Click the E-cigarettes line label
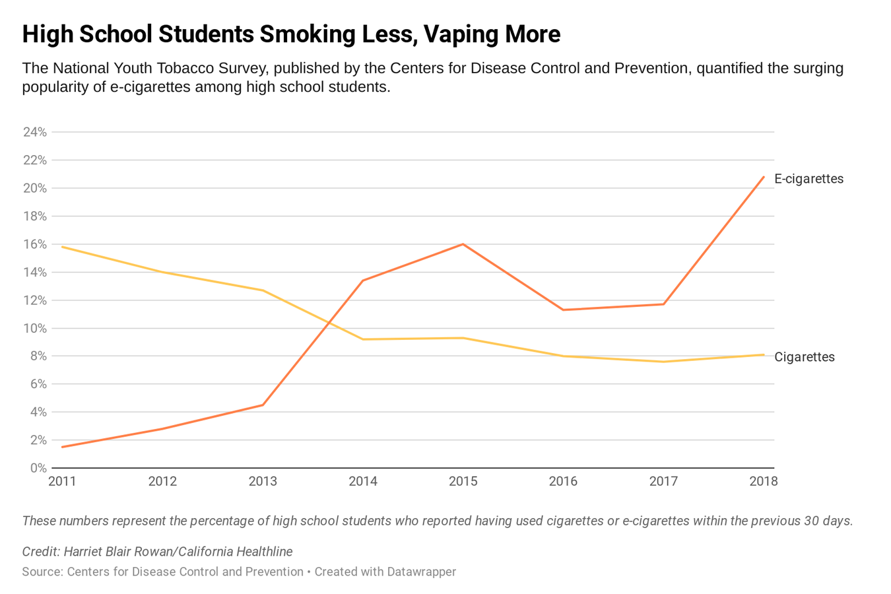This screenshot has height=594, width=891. point(808,179)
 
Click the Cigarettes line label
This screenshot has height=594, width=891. point(804,357)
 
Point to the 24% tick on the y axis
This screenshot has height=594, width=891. point(35,132)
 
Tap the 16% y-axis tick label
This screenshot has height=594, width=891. point(35,244)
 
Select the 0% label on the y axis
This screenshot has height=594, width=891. point(38,468)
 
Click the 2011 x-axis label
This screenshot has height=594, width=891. point(62,481)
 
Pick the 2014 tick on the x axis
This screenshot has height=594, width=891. point(363,481)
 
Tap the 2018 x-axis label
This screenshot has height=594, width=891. point(764,481)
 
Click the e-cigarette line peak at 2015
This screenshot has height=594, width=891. point(463,244)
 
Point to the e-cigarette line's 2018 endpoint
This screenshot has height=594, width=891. point(764,177)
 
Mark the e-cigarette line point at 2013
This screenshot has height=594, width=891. point(263,405)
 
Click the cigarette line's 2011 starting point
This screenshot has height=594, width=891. point(62,247)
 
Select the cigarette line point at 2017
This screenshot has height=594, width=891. point(663,362)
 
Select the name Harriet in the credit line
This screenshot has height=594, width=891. point(86,552)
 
